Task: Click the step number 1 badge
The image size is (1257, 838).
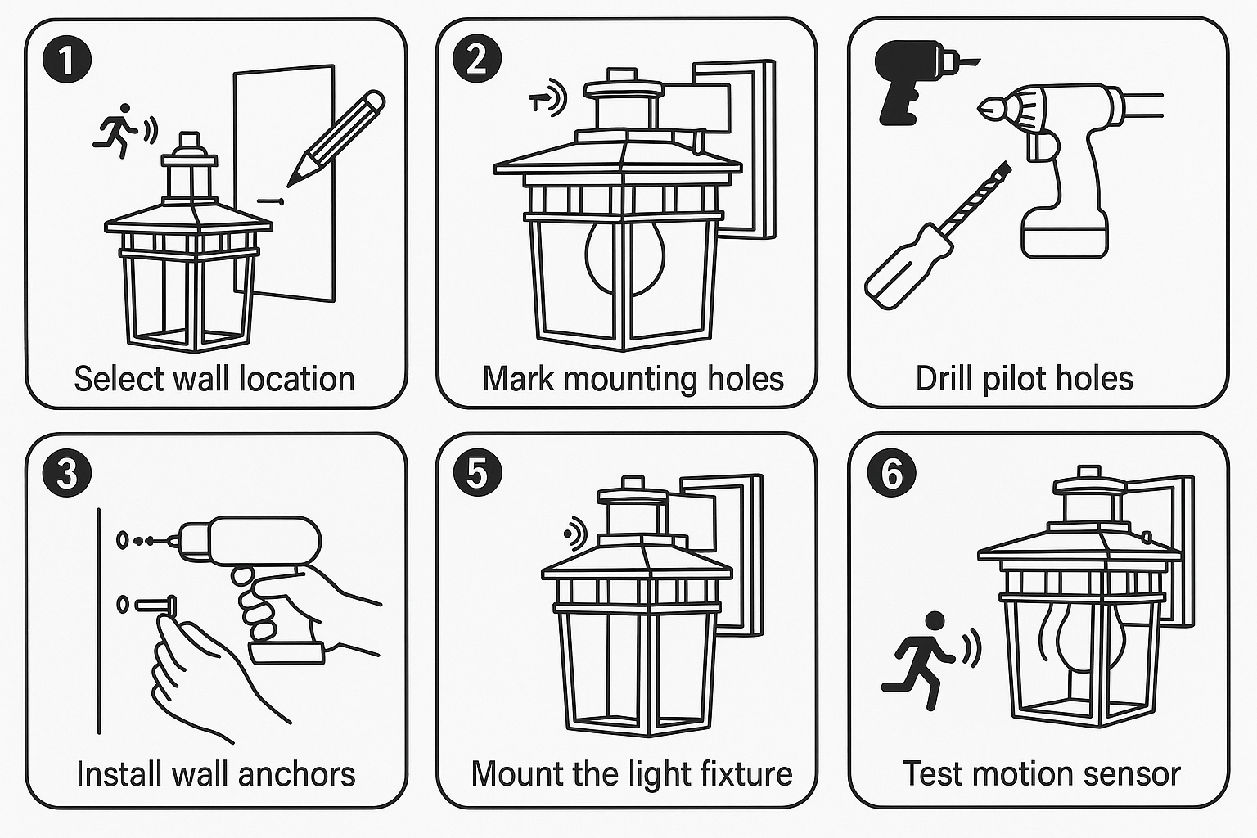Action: [68, 60]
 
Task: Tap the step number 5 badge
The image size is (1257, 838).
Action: [477, 473]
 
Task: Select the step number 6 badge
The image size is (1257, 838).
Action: [891, 473]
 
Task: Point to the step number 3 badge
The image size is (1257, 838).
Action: [68, 473]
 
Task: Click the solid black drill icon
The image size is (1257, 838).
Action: [908, 82]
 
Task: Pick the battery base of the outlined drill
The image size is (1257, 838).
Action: [1065, 232]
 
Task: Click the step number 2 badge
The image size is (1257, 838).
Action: [477, 60]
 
